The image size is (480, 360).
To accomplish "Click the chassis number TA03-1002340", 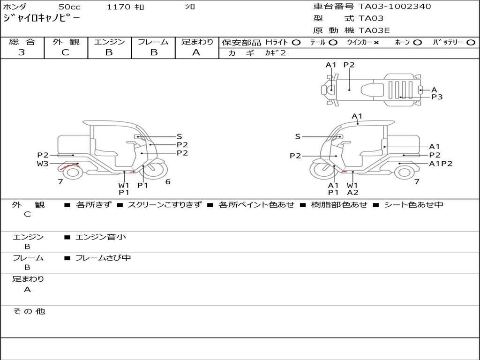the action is tap(395, 7).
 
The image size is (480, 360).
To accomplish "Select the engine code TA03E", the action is tap(374, 30).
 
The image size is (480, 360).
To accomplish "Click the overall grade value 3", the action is tap(22, 52).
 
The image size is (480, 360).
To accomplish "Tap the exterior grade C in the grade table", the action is tap(66, 52).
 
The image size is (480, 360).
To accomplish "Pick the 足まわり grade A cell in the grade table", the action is tap(196, 52).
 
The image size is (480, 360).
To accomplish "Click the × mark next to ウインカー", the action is tap(376, 43).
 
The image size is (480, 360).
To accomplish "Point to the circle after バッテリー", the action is tap(471, 43).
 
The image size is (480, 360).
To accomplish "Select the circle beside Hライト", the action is tap(296, 43).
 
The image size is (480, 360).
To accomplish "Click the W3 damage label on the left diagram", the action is tap(43, 164).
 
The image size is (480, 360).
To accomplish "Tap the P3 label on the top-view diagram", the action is tap(437, 97).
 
